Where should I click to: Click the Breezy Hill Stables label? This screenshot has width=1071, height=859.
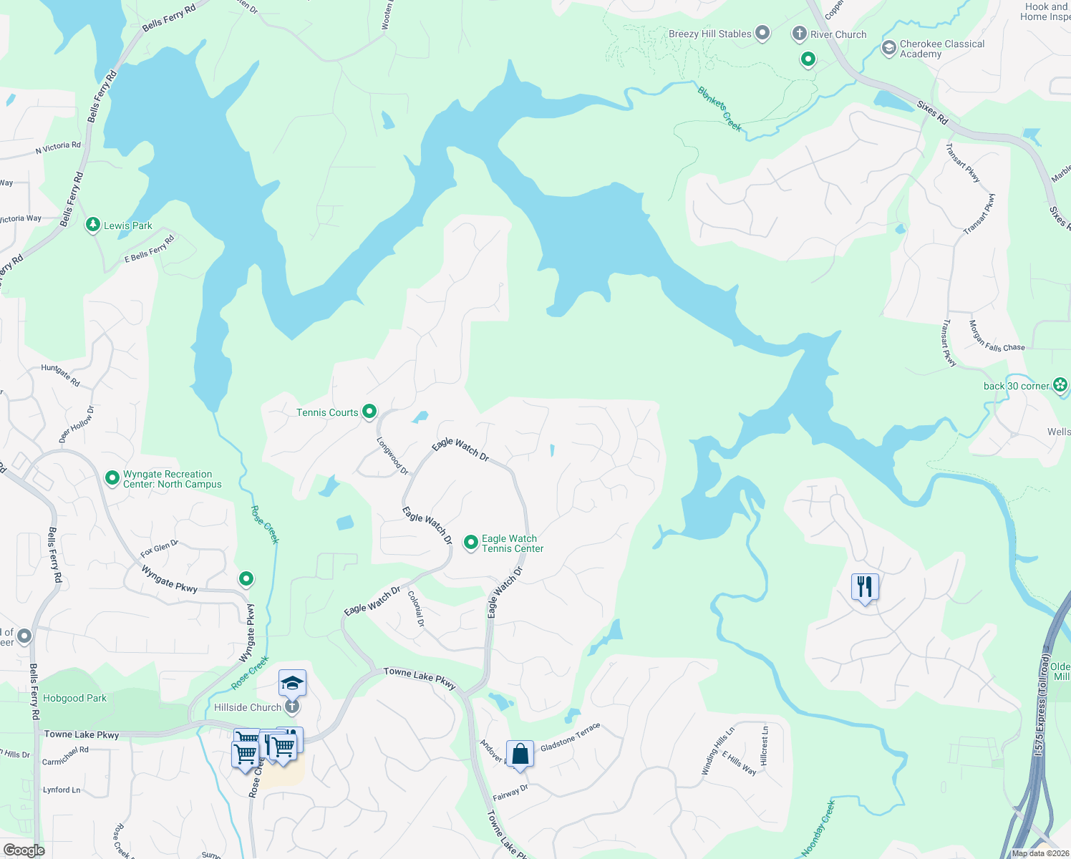point(709,34)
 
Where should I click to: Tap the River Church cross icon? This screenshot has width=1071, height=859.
point(799,34)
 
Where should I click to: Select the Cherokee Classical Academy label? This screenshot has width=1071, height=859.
point(941,49)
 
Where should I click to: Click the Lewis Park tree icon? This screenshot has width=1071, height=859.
point(92,225)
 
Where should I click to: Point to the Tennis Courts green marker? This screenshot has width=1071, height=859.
point(369,412)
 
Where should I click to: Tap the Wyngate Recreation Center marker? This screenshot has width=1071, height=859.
point(112,478)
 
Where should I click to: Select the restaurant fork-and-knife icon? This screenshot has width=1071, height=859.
point(865,586)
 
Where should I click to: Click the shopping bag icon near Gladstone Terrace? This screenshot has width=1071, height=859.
point(520,754)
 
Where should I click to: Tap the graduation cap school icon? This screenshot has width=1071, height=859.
point(292,683)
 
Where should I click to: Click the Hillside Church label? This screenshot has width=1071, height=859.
point(248,707)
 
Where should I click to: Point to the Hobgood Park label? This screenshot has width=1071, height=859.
point(74,698)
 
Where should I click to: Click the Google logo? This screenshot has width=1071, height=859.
point(24,850)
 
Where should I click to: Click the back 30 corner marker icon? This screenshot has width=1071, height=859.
point(1060,385)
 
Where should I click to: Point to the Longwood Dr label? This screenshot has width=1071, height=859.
point(392,456)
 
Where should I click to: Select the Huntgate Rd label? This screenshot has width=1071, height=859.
point(60,375)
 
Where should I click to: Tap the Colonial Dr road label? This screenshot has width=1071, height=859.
point(416,608)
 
